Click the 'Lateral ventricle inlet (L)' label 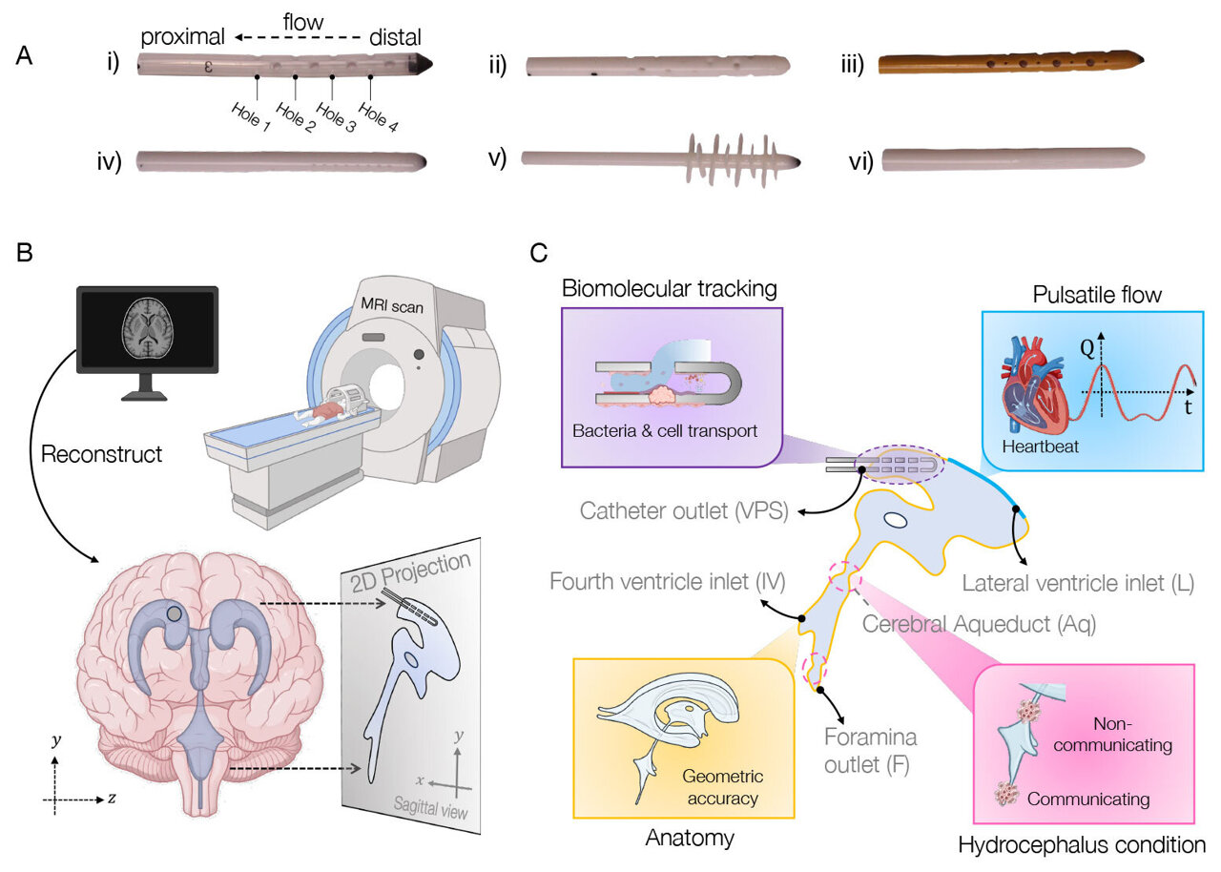pos(1078,579)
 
